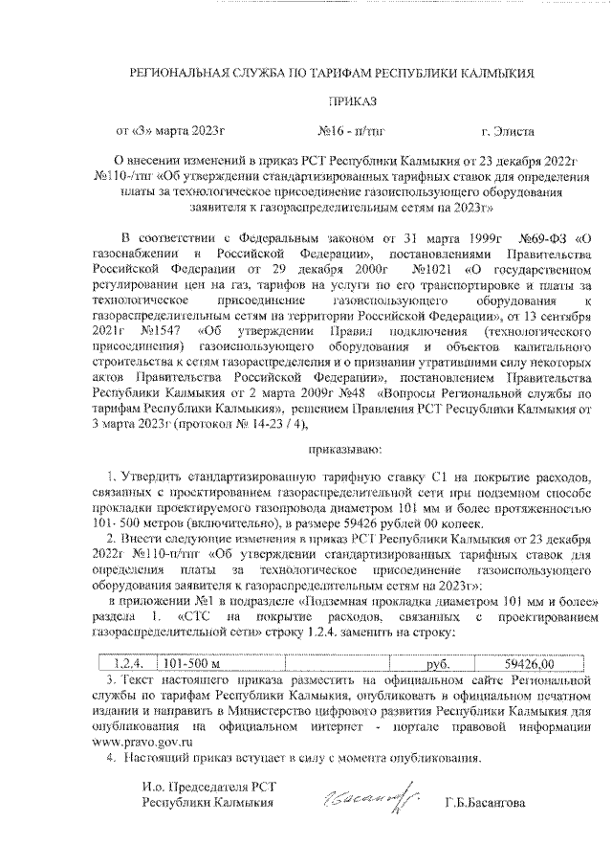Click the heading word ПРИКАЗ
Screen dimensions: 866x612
click(353, 100)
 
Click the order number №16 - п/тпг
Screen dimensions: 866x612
click(349, 129)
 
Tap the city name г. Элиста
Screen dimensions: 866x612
click(509, 129)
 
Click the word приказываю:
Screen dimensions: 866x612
click(344, 446)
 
